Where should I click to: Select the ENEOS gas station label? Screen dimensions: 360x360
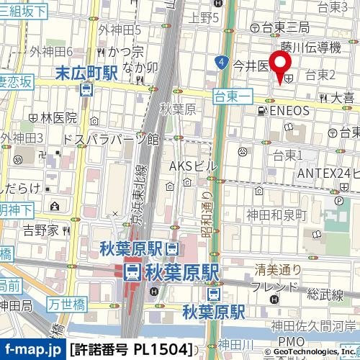[x=289, y=110]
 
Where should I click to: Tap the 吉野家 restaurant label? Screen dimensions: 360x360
[x=40, y=230]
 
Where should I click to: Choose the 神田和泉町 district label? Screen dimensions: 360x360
[x=276, y=215]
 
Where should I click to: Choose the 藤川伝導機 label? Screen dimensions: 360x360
[x=310, y=47]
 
